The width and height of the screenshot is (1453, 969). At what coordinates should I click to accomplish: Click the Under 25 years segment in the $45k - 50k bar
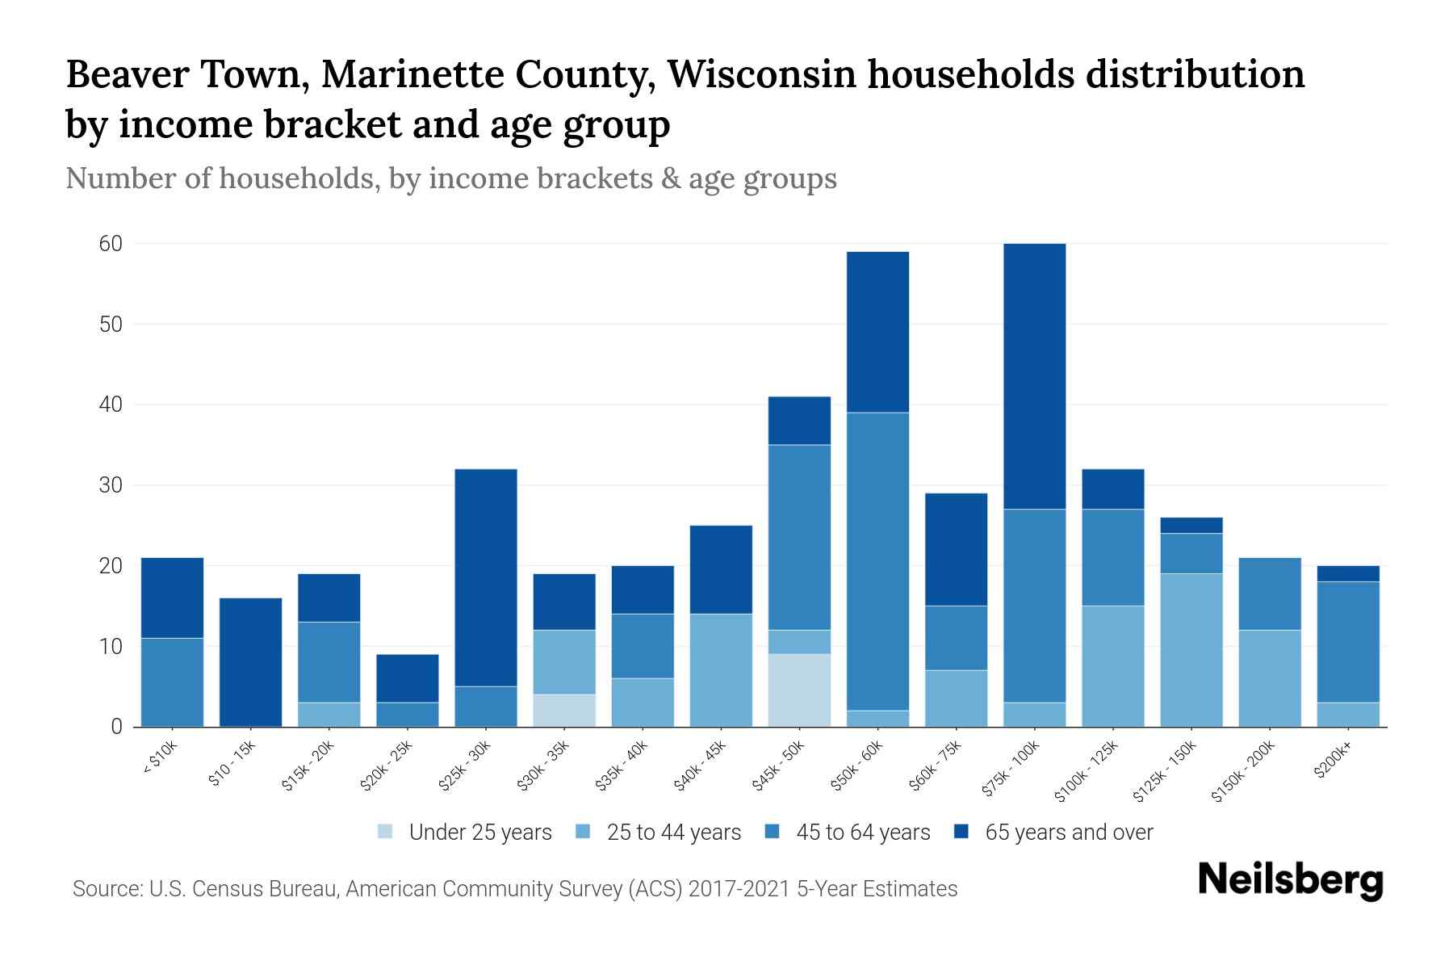tap(799, 690)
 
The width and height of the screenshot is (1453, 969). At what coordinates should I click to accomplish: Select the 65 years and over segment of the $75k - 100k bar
tap(1034, 376)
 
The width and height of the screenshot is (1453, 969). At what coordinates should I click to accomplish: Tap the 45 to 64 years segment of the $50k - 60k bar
tap(877, 561)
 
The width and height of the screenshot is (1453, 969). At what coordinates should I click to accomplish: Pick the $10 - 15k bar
tap(250, 662)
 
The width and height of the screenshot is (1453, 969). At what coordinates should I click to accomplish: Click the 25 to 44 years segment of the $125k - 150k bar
tap(1191, 650)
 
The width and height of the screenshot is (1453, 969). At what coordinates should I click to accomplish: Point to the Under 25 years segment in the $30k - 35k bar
tap(564, 711)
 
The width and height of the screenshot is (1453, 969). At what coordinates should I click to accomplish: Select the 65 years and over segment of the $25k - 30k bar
tap(486, 577)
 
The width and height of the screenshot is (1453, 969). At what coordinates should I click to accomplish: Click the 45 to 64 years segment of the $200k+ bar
tap(1348, 642)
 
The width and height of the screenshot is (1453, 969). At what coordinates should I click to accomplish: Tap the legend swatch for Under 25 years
tap(386, 832)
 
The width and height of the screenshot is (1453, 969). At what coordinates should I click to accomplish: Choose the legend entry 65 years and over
tap(1068, 832)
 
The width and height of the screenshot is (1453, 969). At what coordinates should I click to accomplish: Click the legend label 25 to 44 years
tap(673, 832)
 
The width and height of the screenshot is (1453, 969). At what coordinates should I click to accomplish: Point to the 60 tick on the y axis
tap(111, 244)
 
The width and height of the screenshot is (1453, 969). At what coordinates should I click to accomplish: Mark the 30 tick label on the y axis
tap(111, 485)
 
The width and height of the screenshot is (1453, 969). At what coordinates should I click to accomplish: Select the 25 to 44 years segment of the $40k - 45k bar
tap(721, 670)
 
